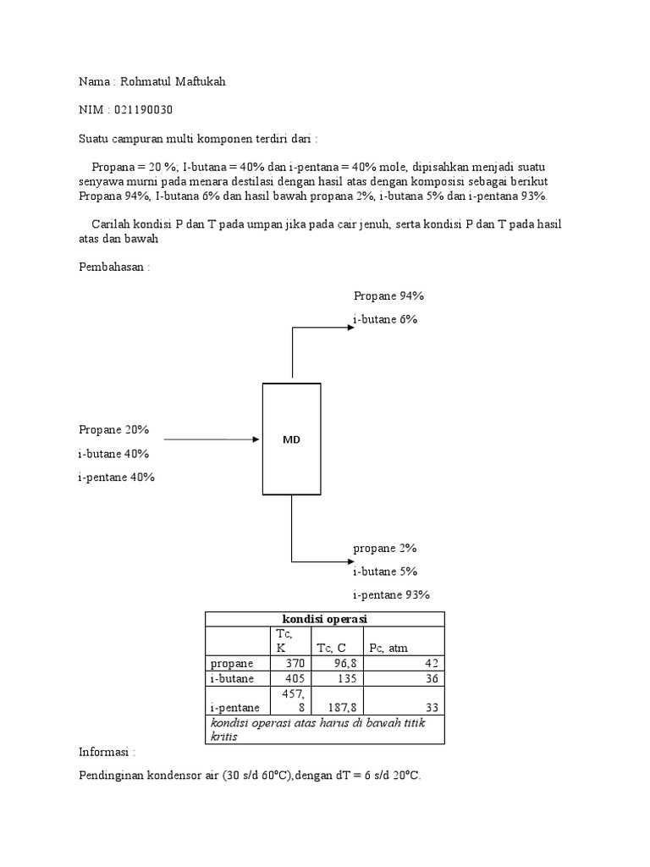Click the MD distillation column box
click(x=291, y=439)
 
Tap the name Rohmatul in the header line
click(x=145, y=81)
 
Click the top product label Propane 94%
click(x=388, y=295)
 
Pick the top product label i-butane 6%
click(x=385, y=319)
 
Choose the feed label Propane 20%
click(x=113, y=429)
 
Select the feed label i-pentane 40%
click(x=116, y=477)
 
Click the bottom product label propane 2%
click(x=385, y=548)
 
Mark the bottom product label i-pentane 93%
click(x=391, y=594)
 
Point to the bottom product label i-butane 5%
click(x=385, y=571)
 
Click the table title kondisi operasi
click(x=325, y=619)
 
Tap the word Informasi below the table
click(x=107, y=751)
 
